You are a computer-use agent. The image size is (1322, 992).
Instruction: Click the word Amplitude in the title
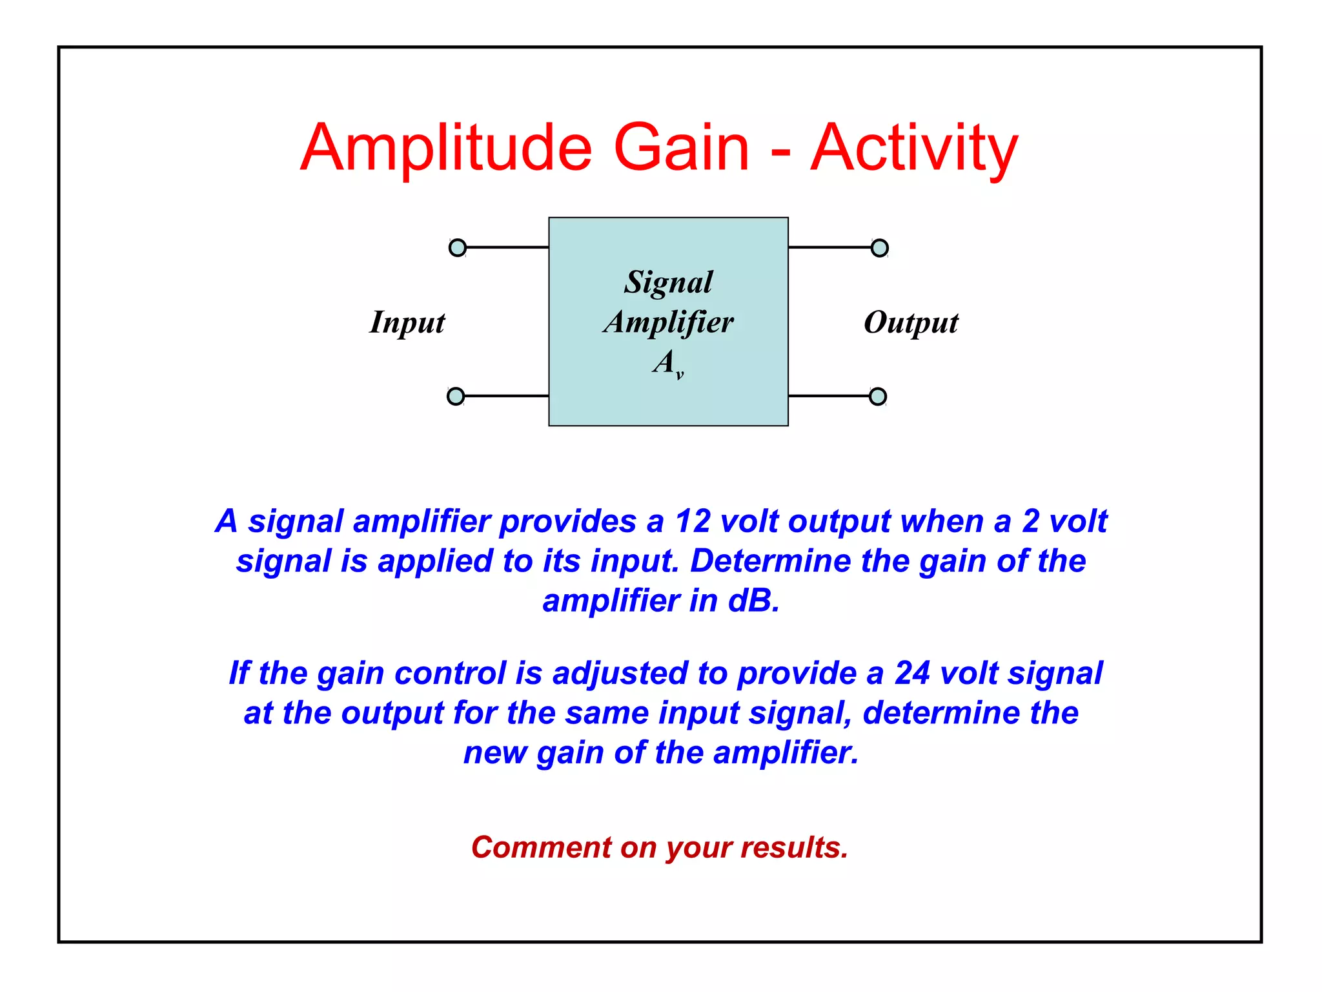click(x=446, y=149)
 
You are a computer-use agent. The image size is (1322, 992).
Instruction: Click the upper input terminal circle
click(x=458, y=247)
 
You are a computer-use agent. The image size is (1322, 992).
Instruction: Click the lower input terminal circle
click(x=456, y=396)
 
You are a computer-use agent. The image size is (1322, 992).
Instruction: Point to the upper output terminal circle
click(x=880, y=248)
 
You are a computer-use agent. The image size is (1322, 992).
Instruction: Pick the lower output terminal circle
click(x=878, y=396)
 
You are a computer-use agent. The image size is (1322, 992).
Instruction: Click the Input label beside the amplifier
click(x=407, y=322)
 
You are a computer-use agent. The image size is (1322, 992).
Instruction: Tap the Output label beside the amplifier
click(x=911, y=322)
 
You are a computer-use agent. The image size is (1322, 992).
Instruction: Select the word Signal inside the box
click(x=669, y=283)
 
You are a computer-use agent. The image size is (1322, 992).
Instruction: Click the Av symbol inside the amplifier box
click(x=667, y=363)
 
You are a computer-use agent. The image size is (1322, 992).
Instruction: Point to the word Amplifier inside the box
click(x=669, y=322)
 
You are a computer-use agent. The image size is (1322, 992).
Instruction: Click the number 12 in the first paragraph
click(x=693, y=521)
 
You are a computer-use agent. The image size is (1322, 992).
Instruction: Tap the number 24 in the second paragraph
click(x=912, y=673)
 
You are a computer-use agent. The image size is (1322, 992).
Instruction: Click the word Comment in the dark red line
click(x=541, y=847)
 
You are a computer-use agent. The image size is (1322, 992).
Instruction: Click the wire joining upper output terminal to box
click(x=829, y=247)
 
